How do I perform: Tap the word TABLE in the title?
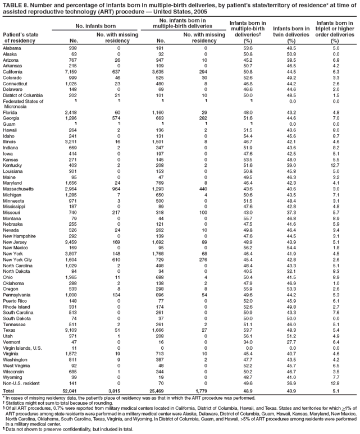tap(12, 4)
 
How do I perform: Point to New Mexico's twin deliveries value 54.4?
tap(290, 248)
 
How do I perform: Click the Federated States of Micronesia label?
tap(22, 104)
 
